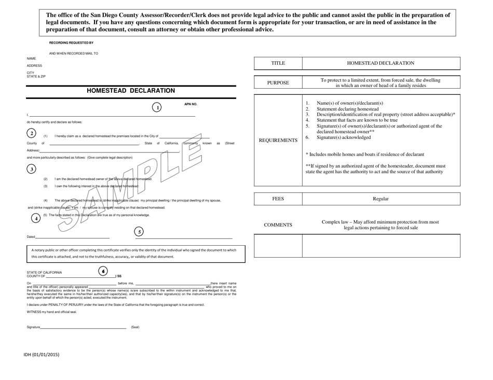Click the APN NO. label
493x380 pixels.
tap(190, 104)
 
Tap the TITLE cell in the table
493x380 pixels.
tap(278, 63)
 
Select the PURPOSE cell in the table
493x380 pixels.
tap(278, 83)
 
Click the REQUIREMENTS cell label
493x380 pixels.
tap(278, 140)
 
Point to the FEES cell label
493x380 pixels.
tap(278, 199)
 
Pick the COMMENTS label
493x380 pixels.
tap(278, 225)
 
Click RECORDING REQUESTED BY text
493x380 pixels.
tap(71, 43)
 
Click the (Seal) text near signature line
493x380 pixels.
tap(135, 327)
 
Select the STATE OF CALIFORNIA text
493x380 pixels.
tap(44, 272)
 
